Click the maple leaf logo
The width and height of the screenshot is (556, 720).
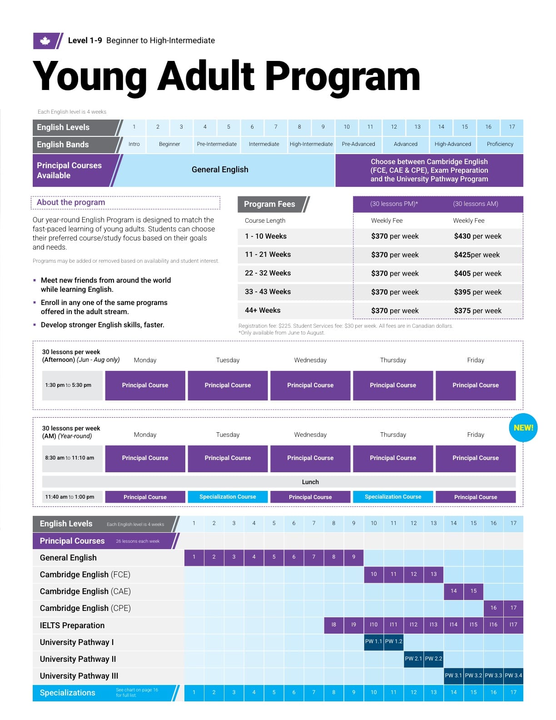(45, 41)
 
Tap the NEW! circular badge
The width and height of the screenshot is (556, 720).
(523, 428)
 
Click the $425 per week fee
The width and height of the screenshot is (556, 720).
(477, 255)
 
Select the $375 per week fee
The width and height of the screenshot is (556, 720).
(477, 311)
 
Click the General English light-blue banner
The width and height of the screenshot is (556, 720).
(220, 170)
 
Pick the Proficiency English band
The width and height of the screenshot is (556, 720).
(500, 144)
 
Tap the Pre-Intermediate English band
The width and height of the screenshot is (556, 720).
(217, 144)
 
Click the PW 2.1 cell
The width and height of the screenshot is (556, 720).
(413, 659)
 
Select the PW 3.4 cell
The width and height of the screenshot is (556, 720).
(513, 675)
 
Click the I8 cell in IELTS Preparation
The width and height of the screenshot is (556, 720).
(333, 625)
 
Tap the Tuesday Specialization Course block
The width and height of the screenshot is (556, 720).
(228, 497)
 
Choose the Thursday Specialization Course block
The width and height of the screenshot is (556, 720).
(393, 497)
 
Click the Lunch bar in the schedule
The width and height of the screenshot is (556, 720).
(310, 482)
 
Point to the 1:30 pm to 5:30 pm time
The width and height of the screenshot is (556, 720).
(68, 385)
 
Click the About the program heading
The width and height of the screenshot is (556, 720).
(71, 202)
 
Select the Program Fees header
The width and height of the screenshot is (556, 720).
(269, 204)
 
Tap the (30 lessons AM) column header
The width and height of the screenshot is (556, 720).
(475, 204)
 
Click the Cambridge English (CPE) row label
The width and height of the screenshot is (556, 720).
(85, 608)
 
